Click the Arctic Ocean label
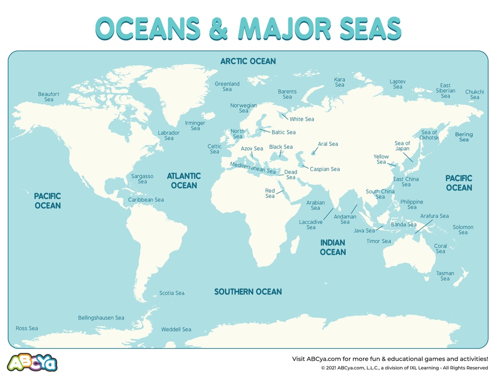click(x=248, y=61)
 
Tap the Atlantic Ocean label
click(x=184, y=180)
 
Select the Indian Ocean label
click(x=333, y=247)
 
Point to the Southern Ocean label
click(x=248, y=292)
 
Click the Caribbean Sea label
click(x=146, y=200)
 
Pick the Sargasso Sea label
click(x=142, y=179)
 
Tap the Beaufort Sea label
click(x=49, y=97)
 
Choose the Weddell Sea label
click(x=176, y=330)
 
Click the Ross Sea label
click(x=27, y=329)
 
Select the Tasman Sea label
click(x=445, y=276)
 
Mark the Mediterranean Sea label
click(x=252, y=168)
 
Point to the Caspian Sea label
click(x=325, y=169)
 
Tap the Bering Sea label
click(x=464, y=137)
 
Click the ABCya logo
click(x=32, y=362)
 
